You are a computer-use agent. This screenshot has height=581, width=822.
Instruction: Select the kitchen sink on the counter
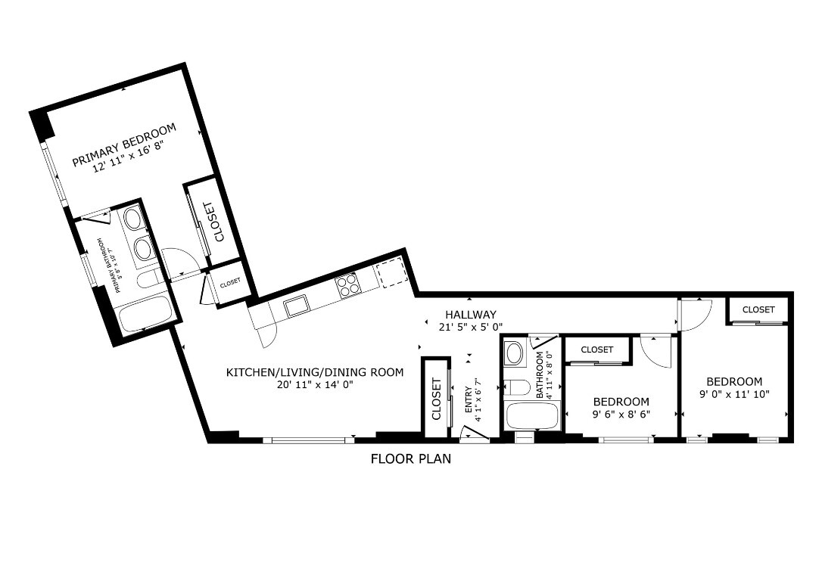[295, 305]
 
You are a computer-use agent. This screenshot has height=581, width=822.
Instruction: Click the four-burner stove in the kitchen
[347, 284]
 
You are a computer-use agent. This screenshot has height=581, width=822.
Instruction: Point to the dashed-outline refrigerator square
[392, 272]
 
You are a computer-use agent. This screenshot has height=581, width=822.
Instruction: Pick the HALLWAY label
[470, 315]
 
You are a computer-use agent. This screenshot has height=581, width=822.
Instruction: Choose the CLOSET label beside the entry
[437, 399]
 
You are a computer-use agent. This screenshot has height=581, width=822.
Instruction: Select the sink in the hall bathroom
[515, 353]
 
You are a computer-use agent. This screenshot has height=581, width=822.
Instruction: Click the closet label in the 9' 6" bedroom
[597, 350]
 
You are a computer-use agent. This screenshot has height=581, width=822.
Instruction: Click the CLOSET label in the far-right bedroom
[758, 309]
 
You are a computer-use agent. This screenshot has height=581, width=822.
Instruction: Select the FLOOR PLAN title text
[410, 458]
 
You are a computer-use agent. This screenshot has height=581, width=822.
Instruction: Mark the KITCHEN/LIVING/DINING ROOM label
[315, 372]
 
